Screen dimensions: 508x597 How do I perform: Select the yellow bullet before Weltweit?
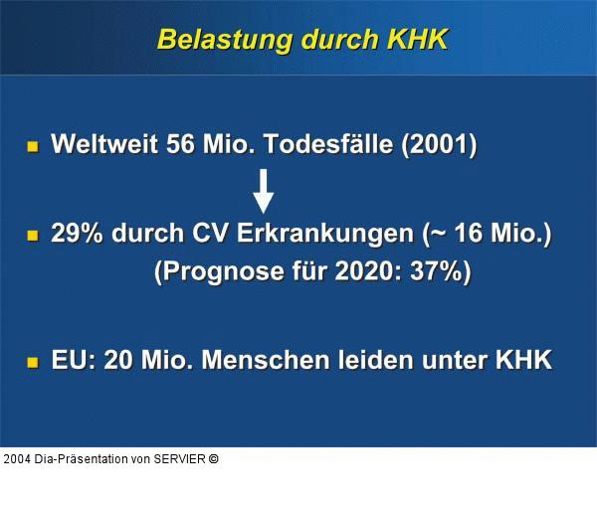point(33,146)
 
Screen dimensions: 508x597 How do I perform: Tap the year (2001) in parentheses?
point(438,145)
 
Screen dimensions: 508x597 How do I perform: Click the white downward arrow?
point(263,190)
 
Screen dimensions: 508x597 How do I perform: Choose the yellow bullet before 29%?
point(33,236)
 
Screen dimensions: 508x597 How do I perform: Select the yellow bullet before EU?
point(33,361)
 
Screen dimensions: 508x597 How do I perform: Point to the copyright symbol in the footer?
point(213,459)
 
